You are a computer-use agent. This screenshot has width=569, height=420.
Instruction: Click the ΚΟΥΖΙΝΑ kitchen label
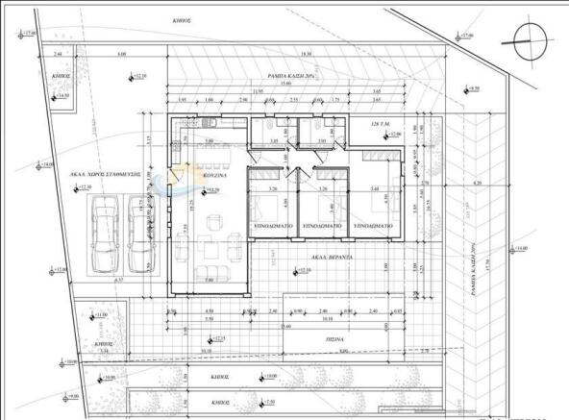click(212, 177)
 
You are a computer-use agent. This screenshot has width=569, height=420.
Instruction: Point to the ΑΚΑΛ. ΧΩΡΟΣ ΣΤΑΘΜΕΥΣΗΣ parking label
click(106, 174)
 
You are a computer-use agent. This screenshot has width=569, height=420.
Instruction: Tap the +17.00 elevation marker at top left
click(29, 36)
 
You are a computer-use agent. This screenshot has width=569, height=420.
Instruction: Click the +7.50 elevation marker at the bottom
click(270, 401)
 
